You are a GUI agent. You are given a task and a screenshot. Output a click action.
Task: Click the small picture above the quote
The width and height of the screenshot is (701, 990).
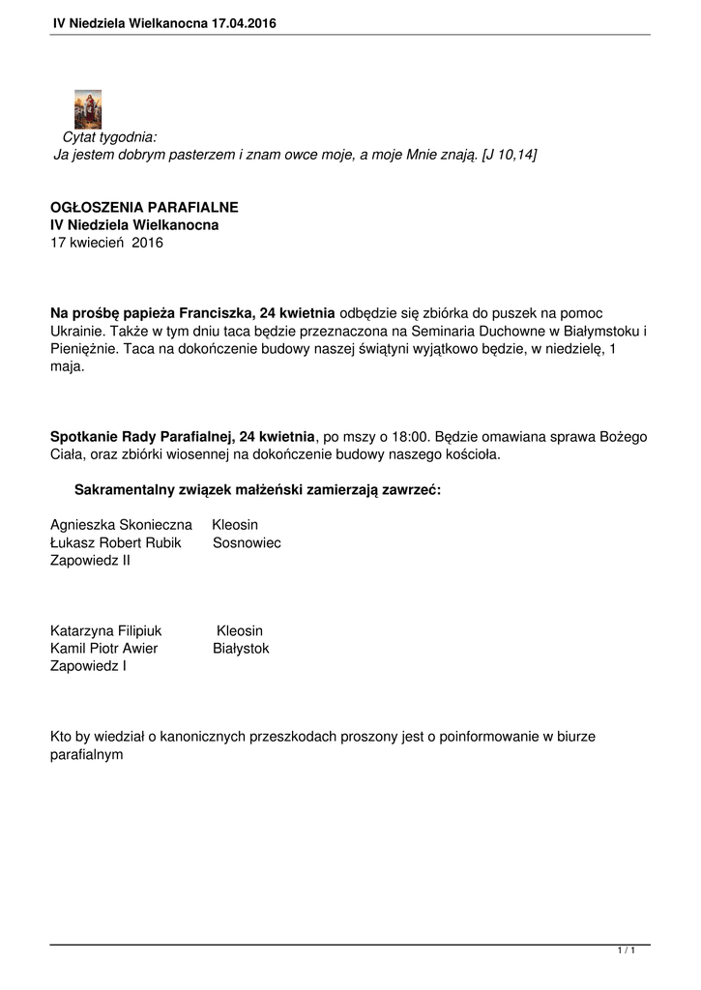coord(88,108)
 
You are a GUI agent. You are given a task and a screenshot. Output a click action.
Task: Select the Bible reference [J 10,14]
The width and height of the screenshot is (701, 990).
coord(509,155)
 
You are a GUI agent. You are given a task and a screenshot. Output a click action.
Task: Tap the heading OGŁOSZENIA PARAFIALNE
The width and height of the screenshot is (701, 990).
coord(144,208)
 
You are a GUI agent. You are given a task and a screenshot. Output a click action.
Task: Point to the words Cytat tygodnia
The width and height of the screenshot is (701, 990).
coord(109,138)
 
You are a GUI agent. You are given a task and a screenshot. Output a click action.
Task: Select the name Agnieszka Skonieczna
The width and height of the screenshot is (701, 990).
coord(122,525)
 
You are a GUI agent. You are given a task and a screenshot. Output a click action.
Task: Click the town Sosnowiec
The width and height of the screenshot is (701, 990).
coord(247,543)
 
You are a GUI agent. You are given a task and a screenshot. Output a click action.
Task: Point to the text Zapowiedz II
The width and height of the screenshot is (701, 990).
coord(90,561)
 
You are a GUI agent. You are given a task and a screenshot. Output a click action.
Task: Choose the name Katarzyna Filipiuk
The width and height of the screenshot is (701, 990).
coord(106,630)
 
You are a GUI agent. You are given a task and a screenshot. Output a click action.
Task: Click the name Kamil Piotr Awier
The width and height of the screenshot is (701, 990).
coord(104,649)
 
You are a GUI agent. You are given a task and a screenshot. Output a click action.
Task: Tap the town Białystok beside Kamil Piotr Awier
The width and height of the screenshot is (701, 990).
coord(241,649)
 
